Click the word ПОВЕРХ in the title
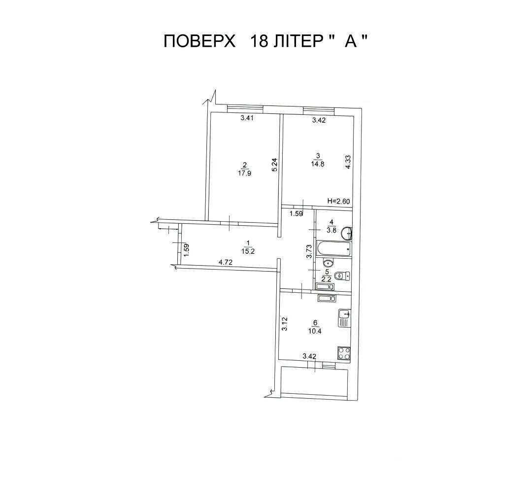coord(199,42)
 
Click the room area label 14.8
coord(318,165)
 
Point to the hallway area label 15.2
coord(248,251)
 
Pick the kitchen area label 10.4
coord(315,331)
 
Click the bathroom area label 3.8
coord(331,231)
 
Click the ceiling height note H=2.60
coord(339,202)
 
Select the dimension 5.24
coord(274,165)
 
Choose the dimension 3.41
coord(246,118)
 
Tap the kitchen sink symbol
coord(344,318)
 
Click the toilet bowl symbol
coord(343,275)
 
